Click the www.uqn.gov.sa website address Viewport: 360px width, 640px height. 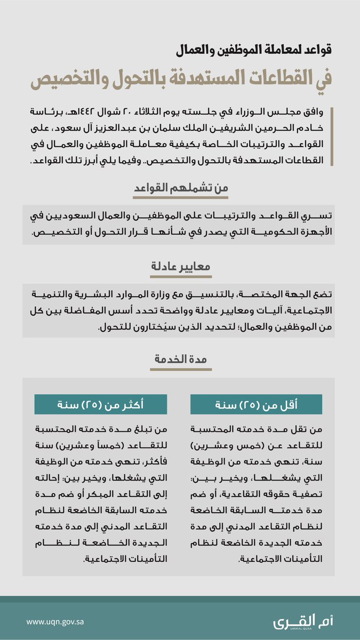[x=55, y=622]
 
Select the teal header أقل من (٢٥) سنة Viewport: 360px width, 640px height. [x=256, y=405]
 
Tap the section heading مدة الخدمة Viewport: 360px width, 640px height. [x=180, y=360]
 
